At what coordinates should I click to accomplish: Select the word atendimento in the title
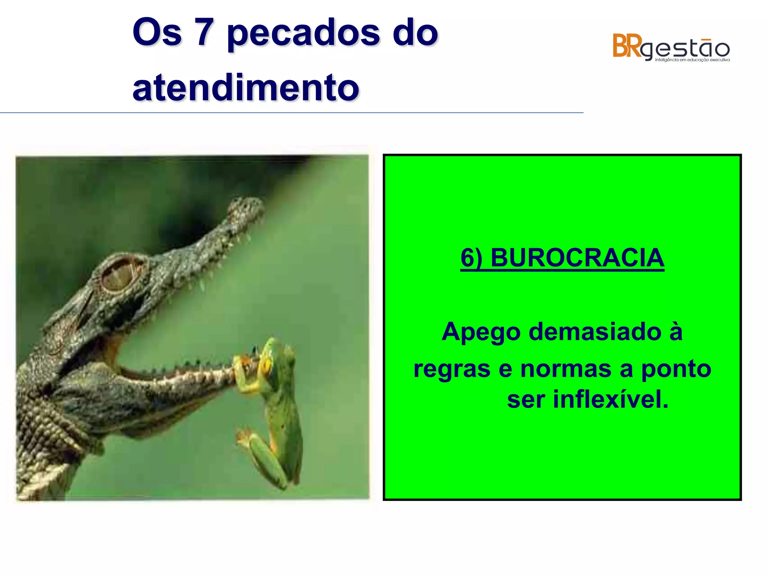point(246,88)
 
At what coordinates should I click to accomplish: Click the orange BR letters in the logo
point(627,46)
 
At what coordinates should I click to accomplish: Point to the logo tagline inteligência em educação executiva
point(692,60)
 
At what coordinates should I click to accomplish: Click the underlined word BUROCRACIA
point(577,258)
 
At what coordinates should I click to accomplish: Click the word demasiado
point(595,331)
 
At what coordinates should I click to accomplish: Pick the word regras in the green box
point(452,369)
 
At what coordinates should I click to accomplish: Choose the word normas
point(566,369)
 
